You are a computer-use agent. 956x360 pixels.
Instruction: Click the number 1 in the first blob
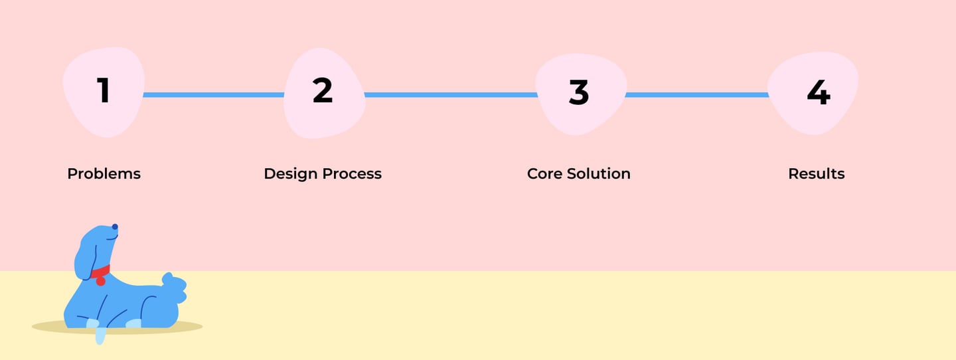point(104,90)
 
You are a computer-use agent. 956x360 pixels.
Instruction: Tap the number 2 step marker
point(323,90)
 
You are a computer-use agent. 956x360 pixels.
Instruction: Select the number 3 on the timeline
point(579,92)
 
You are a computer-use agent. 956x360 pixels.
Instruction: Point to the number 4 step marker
point(819,92)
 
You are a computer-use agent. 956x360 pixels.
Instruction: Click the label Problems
point(104,174)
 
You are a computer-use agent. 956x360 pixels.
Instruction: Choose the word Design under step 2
point(291,174)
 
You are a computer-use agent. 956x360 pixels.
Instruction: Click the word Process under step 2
point(352,174)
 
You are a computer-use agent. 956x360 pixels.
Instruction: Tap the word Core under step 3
point(544,174)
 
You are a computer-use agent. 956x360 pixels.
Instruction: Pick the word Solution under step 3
point(599,174)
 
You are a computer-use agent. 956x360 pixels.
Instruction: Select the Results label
point(817,174)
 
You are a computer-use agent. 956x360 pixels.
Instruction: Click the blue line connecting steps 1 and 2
point(213,95)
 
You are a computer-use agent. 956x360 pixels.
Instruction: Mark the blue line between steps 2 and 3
point(451,95)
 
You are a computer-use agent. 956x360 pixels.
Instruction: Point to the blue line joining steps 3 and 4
point(697,95)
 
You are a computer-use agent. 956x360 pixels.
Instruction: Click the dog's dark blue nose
point(115,226)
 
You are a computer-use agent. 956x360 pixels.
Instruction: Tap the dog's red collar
point(102,272)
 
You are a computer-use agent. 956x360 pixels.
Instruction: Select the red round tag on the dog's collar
point(101,281)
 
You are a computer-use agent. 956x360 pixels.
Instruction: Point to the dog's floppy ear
point(85,260)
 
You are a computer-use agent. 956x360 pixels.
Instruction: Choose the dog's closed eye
point(112,238)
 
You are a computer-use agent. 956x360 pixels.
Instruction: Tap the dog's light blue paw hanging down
point(100,335)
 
